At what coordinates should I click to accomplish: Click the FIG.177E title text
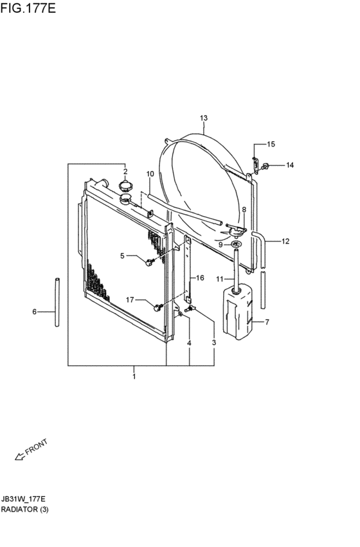pyautogui.click(x=28, y=8)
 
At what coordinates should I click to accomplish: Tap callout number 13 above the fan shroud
pyautogui.click(x=204, y=118)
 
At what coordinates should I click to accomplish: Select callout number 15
pyautogui.click(x=271, y=144)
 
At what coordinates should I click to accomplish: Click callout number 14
pyautogui.click(x=290, y=165)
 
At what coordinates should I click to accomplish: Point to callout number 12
pyautogui.click(x=285, y=241)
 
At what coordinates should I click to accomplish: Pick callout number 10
pyautogui.click(x=150, y=174)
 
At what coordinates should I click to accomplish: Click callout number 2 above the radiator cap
pyautogui.click(x=125, y=171)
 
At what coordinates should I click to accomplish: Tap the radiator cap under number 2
pyautogui.click(x=125, y=186)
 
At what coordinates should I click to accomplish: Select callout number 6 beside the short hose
pyautogui.click(x=34, y=312)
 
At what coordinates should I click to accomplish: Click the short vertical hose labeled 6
pyautogui.click(x=57, y=302)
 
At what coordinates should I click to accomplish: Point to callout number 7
pyautogui.click(x=267, y=322)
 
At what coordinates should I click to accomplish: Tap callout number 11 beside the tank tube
pyautogui.click(x=220, y=279)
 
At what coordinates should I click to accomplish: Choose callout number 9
pyautogui.click(x=221, y=245)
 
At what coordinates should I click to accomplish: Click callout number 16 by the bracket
pyautogui.click(x=200, y=278)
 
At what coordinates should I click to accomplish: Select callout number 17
pyautogui.click(x=130, y=300)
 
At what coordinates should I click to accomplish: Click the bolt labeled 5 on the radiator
pyautogui.click(x=150, y=262)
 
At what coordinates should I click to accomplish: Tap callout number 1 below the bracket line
pyautogui.click(x=134, y=377)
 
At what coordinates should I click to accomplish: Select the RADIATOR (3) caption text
pyautogui.click(x=25, y=509)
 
